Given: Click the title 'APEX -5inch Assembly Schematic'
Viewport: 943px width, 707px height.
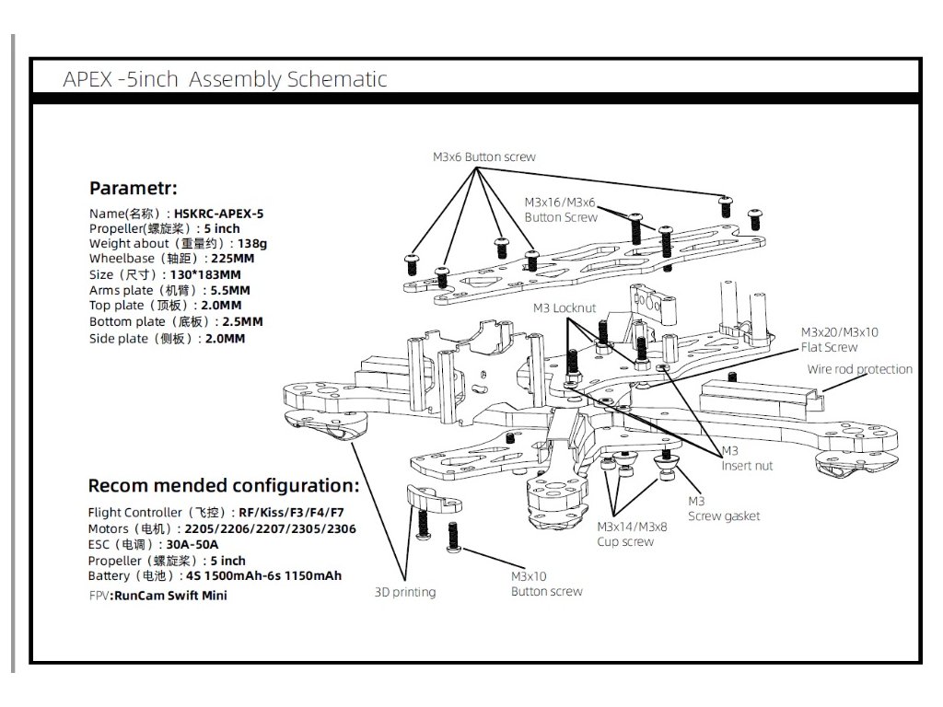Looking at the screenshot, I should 225,79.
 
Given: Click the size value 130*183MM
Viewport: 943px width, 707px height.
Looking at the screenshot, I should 204,274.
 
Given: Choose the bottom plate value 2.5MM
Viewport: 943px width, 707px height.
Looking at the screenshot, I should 242,321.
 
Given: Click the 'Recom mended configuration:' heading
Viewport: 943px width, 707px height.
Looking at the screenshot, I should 223,485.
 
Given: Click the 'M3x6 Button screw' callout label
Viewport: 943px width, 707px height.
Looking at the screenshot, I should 483,157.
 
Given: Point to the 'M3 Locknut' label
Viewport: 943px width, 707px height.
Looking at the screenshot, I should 564,307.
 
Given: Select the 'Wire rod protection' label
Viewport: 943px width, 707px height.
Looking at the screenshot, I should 859,369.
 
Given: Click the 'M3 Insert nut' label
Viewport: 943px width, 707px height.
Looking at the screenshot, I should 746,458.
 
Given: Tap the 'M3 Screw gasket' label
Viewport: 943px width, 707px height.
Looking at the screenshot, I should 724,508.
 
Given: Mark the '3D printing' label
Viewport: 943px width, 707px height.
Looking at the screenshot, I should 405,592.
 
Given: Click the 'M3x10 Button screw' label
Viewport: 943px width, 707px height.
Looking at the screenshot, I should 546,584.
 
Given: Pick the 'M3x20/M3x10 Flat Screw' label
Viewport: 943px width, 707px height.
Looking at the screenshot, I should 839,340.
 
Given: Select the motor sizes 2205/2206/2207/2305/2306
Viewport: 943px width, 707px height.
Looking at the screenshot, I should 270,529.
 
